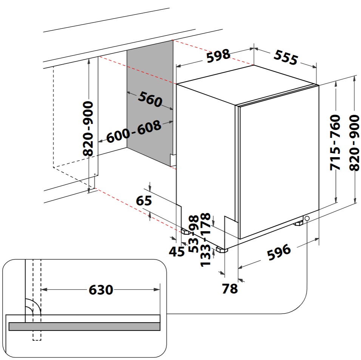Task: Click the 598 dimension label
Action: tap(218, 56)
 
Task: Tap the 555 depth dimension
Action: tap(286, 57)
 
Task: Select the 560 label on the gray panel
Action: tap(150, 99)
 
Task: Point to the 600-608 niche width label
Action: tap(134, 131)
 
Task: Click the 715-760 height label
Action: tap(335, 142)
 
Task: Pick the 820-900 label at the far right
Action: tap(354, 143)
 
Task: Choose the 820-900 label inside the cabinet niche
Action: tap(88, 128)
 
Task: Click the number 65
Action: tap(144, 201)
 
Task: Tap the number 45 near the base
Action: tap(177, 252)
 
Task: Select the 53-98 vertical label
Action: tap(194, 233)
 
